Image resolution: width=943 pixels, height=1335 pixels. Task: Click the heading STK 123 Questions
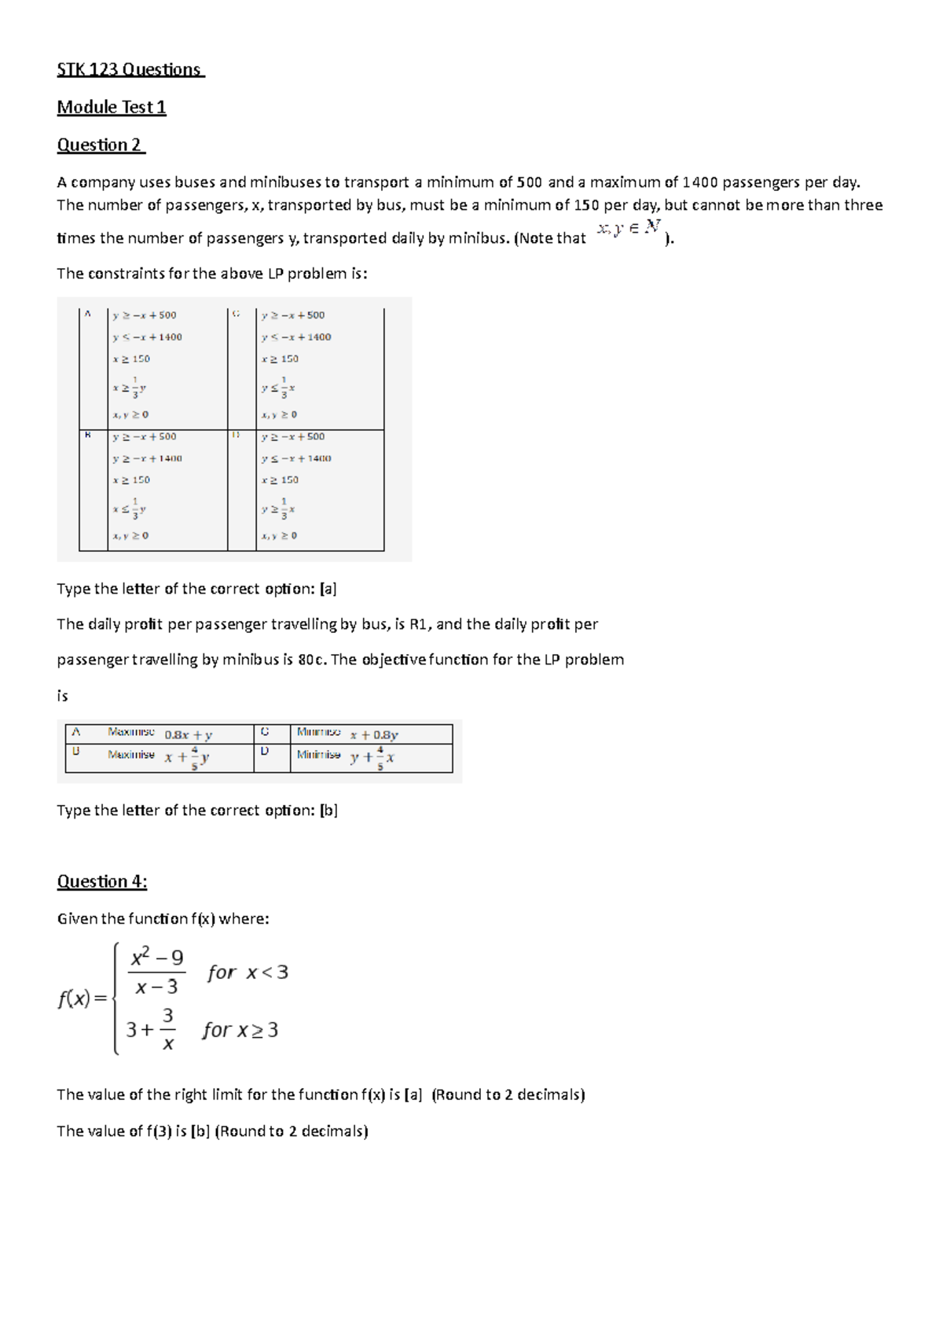[130, 70]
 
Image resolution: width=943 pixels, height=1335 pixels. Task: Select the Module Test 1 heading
[111, 108]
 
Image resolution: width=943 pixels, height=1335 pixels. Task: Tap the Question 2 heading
[101, 145]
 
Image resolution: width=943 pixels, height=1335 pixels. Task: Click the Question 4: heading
[101, 881]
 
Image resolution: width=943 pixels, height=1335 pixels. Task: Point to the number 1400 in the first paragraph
[699, 182]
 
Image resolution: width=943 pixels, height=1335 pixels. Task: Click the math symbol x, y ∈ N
[628, 229]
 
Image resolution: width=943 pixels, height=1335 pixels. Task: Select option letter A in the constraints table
[88, 314]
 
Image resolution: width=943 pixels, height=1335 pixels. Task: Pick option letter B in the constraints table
[88, 435]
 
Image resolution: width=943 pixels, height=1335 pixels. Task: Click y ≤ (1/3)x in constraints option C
[279, 388]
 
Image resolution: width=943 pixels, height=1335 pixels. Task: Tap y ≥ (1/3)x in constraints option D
[279, 509]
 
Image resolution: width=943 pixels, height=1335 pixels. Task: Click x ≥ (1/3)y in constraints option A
[130, 388]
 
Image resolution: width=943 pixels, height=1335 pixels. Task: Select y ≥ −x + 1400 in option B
[147, 458]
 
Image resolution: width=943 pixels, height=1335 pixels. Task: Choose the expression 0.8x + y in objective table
[189, 735]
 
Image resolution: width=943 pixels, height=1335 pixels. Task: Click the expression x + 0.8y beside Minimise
[374, 735]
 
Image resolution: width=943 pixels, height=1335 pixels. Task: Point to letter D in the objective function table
[265, 752]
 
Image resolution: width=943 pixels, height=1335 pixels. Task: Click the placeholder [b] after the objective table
[328, 811]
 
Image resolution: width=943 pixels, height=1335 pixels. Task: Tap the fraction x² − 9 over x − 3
[157, 973]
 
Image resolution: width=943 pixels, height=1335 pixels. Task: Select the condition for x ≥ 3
[240, 1030]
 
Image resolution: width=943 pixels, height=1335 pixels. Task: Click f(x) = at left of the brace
[83, 999]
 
